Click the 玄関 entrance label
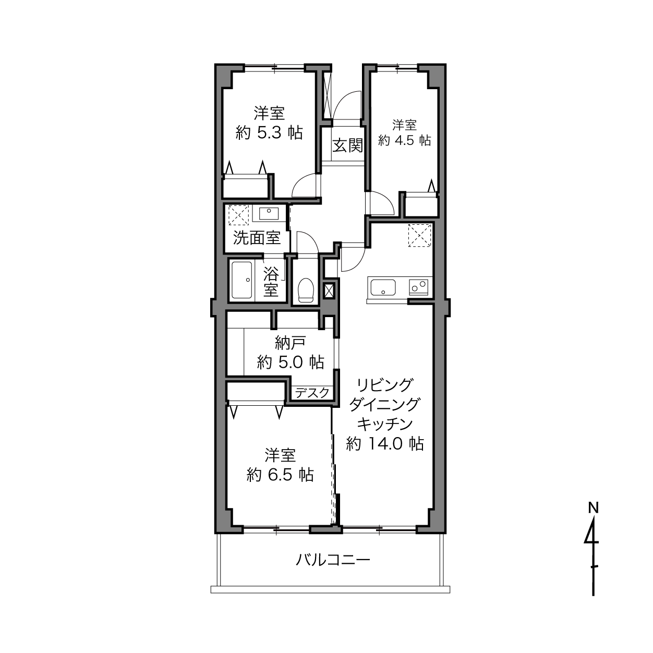pyautogui.click(x=348, y=146)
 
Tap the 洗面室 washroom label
pyautogui.click(x=257, y=238)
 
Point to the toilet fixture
pyautogui.click(x=306, y=290)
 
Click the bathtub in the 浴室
pyautogui.click(x=241, y=280)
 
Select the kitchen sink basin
pyautogui.click(x=383, y=287)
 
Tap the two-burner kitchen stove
pyautogui.click(x=419, y=287)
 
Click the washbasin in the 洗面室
pyautogui.click(x=269, y=213)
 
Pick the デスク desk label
pyautogui.click(x=312, y=393)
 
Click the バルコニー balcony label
pyautogui.click(x=333, y=560)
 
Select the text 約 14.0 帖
pyautogui.click(x=385, y=443)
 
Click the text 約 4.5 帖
pyautogui.click(x=404, y=140)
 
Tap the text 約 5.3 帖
pyautogui.click(x=269, y=132)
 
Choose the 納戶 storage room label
pyautogui.click(x=290, y=343)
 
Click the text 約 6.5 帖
pyautogui.click(x=280, y=475)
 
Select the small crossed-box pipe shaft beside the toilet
pyautogui.click(x=329, y=291)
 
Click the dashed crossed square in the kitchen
pyautogui.click(x=419, y=235)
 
